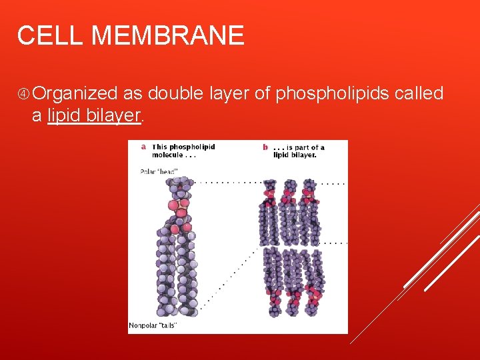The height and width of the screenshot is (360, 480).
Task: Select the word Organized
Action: (75, 94)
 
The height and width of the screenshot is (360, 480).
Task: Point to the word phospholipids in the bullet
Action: (333, 93)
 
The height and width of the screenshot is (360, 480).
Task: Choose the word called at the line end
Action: (419, 93)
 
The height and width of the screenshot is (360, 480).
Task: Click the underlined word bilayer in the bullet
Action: (114, 115)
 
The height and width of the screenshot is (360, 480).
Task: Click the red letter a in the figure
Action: (143, 147)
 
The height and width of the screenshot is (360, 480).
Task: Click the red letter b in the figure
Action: (265, 147)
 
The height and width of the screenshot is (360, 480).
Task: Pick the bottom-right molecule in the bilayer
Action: (311, 280)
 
